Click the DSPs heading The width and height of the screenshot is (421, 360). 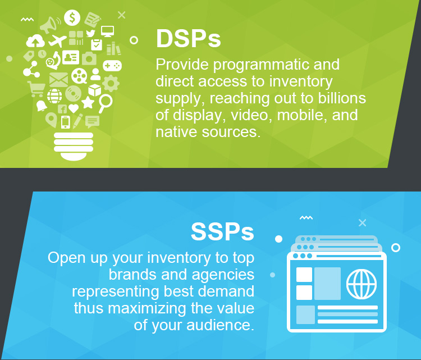(188, 39)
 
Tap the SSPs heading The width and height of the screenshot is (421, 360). (222, 231)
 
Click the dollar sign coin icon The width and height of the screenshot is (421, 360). (72, 18)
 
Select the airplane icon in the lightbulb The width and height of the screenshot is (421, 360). (57, 40)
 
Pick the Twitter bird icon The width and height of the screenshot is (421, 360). (90, 33)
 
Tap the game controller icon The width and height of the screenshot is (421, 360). (112, 65)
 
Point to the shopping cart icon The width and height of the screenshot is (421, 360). (36, 89)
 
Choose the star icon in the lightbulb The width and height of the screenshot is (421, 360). (88, 102)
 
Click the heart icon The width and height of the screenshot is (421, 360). (74, 108)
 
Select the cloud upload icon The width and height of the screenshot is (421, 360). (35, 41)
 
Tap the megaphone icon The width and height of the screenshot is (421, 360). (49, 25)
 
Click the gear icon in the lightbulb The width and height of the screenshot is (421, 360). (111, 84)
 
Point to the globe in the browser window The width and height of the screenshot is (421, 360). (361, 284)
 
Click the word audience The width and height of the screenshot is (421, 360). (220, 325)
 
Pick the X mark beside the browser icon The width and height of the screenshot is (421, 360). (363, 222)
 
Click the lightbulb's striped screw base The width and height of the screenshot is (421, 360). (74, 146)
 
